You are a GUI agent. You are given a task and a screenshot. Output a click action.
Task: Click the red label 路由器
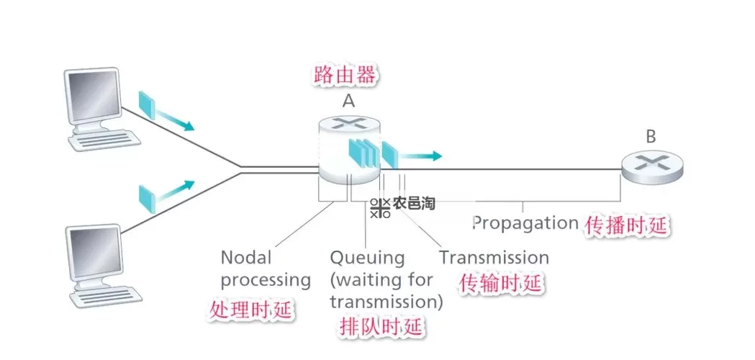tap(345, 75)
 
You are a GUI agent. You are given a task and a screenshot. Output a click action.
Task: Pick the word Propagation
tap(525, 222)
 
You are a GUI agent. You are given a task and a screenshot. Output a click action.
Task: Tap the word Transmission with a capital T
tap(494, 258)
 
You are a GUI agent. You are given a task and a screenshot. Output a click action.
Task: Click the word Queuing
tap(367, 258)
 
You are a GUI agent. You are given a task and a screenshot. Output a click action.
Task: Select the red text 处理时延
tap(251, 311)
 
